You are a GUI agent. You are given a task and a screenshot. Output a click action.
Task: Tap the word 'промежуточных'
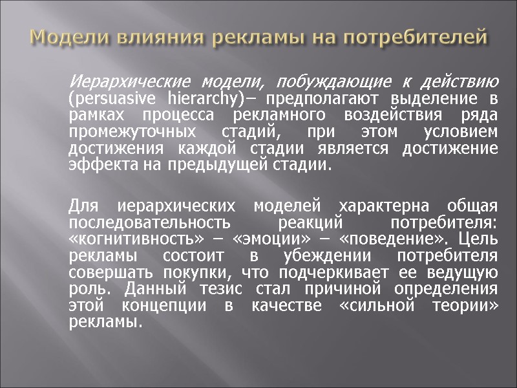point(127,132)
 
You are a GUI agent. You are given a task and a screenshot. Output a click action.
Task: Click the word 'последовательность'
point(149,223)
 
